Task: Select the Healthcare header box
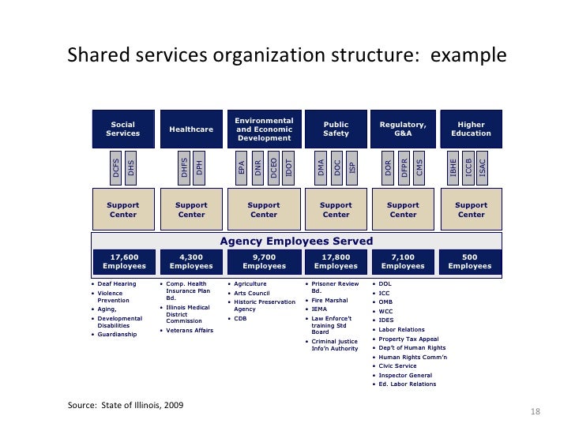coord(191,129)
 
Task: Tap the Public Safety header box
coord(336,129)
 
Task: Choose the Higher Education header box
coord(472,129)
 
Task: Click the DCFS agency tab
coord(116,167)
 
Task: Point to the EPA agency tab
coord(242,167)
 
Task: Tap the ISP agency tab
coord(352,167)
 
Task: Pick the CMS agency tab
coord(419,167)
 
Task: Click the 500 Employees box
coord(472,261)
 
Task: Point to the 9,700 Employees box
coord(264,261)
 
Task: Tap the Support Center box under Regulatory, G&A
coord(403,209)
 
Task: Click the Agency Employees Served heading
coord(296,241)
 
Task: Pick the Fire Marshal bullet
coord(331,301)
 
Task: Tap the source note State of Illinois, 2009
coord(126,406)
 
